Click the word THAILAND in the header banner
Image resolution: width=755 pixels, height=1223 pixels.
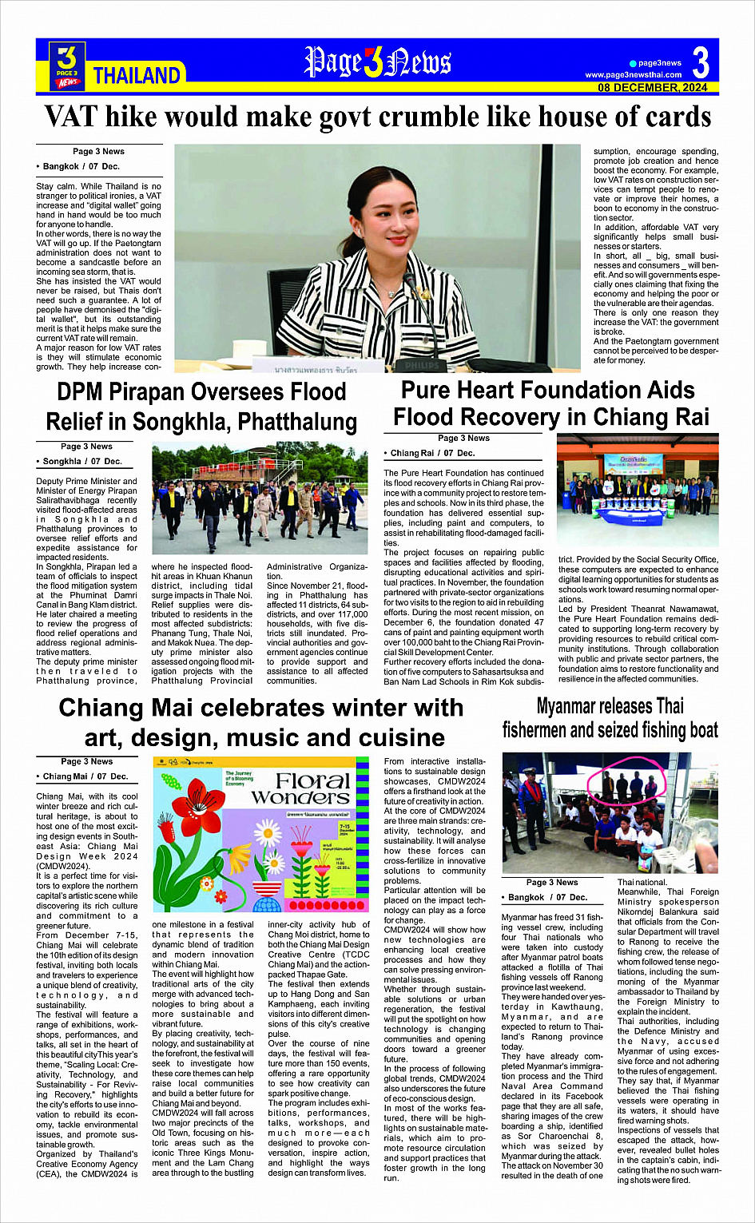click(x=137, y=76)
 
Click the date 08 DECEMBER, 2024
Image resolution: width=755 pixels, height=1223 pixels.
click(x=653, y=88)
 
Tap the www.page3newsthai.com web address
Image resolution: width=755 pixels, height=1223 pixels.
click(x=634, y=75)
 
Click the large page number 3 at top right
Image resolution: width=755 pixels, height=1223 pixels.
click(x=701, y=62)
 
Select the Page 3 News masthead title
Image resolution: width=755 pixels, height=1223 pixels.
click(x=377, y=62)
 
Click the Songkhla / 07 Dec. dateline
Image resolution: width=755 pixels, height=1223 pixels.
click(x=82, y=462)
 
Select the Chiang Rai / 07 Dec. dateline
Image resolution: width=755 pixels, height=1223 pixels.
click(x=432, y=453)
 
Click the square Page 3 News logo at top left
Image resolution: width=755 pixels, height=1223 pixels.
click(x=68, y=65)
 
